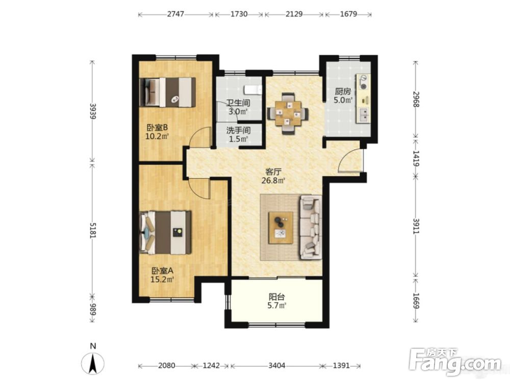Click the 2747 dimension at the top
click(175, 14)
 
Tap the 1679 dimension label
click(348, 14)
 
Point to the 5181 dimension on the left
click(93, 230)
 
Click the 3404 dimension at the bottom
click(276, 366)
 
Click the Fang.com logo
click(455, 361)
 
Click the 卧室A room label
click(162, 271)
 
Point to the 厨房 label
click(343, 91)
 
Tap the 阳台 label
click(277, 297)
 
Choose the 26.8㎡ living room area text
click(273, 180)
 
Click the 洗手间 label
click(238, 131)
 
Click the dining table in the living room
click(288, 114)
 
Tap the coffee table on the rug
click(280, 228)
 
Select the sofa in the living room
click(310, 227)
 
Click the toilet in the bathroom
click(253, 89)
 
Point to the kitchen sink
click(364, 115)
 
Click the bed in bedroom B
click(167, 92)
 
